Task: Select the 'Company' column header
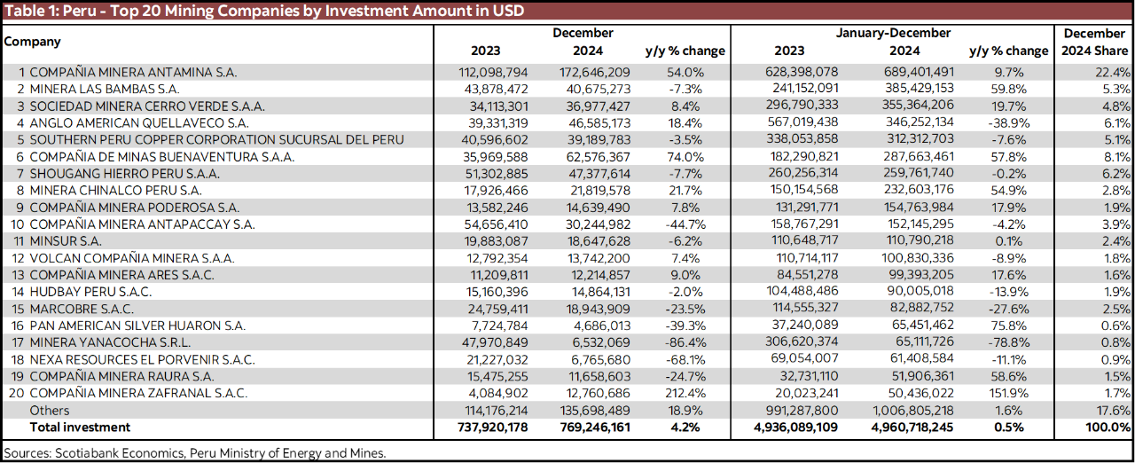(33, 42)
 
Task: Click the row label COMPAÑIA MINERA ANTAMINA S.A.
(133, 72)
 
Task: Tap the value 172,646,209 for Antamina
(595, 72)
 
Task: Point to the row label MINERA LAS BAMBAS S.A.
(105, 89)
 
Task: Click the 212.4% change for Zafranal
(685, 393)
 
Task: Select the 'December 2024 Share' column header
(1094, 42)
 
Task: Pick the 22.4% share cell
(1114, 72)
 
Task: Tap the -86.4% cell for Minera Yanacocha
(685, 342)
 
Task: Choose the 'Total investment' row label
(80, 427)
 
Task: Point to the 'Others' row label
(50, 410)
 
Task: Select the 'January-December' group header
(893, 33)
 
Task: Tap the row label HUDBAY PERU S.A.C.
(90, 292)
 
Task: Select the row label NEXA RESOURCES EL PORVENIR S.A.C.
(142, 359)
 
